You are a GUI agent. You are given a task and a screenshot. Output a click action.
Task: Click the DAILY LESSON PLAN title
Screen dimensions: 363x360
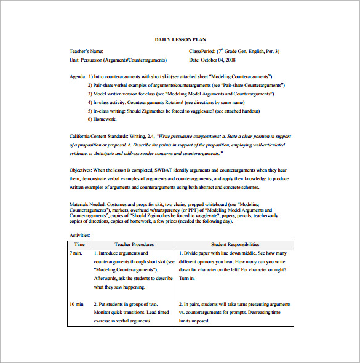(x=179, y=39)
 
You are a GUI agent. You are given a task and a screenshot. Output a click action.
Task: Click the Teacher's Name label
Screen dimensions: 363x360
(x=87, y=51)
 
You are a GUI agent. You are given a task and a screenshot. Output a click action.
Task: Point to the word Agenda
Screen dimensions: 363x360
(x=78, y=77)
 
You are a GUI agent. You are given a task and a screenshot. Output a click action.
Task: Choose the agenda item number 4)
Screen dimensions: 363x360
(x=90, y=102)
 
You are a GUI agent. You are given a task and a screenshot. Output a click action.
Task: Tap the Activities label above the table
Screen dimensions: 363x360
(x=80, y=234)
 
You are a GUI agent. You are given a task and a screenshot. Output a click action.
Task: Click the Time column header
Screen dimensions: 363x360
(x=79, y=244)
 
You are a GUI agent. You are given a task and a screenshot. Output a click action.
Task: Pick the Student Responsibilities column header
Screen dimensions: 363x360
(x=234, y=244)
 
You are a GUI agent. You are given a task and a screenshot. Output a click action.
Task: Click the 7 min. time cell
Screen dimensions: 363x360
(x=76, y=253)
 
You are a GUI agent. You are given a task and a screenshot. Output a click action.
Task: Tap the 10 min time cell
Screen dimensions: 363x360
(x=76, y=304)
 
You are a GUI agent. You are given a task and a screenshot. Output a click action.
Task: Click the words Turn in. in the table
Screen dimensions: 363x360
(x=187, y=278)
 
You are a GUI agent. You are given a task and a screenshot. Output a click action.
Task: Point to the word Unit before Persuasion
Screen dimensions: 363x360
(x=74, y=60)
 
